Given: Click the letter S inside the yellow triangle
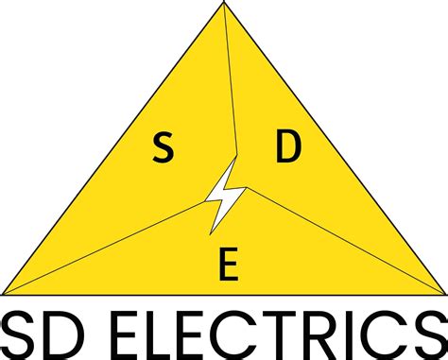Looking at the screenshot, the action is point(163,147).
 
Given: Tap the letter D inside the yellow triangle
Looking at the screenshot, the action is point(287,147).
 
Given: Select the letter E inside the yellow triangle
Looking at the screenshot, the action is point(227,267).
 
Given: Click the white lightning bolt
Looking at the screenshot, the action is point(226,195).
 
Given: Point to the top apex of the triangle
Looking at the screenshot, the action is point(224,5).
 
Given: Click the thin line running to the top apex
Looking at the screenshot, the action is point(230,85).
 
